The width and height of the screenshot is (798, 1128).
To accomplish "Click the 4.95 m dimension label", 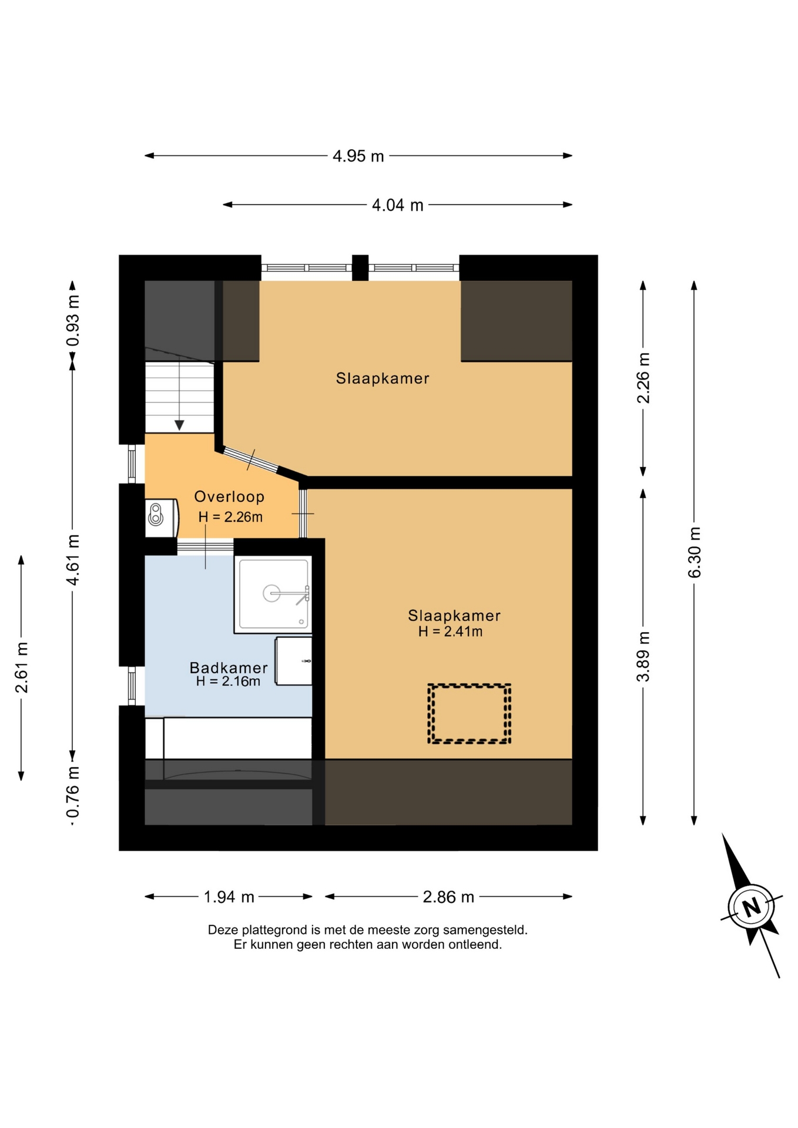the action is tap(358, 156).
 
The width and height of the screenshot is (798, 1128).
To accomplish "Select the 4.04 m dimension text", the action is tap(397, 205).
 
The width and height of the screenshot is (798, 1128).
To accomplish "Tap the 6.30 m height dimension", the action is tap(695, 552).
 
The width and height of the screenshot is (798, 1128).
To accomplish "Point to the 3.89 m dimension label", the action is tap(643, 656).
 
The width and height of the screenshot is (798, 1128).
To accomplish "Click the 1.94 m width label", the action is tap(229, 897).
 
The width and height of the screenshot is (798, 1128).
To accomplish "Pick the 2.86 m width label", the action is tap(448, 897).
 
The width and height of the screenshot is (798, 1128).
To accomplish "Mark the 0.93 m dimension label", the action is tap(73, 321).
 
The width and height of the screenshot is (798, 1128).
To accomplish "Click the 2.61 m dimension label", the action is tap(22, 667).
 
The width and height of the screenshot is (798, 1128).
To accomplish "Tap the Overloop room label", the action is tap(229, 497).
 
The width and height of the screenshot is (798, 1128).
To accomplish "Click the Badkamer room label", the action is tap(229, 668).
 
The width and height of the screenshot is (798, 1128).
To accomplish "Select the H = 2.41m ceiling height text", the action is tap(450, 632).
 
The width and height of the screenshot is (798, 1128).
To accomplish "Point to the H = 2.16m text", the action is tap(228, 681).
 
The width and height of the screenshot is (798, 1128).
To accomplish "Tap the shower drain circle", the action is tap(271, 593).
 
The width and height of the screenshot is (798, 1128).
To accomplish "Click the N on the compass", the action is tap(751, 907).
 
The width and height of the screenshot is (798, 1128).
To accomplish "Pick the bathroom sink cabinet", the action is tap(293, 661).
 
